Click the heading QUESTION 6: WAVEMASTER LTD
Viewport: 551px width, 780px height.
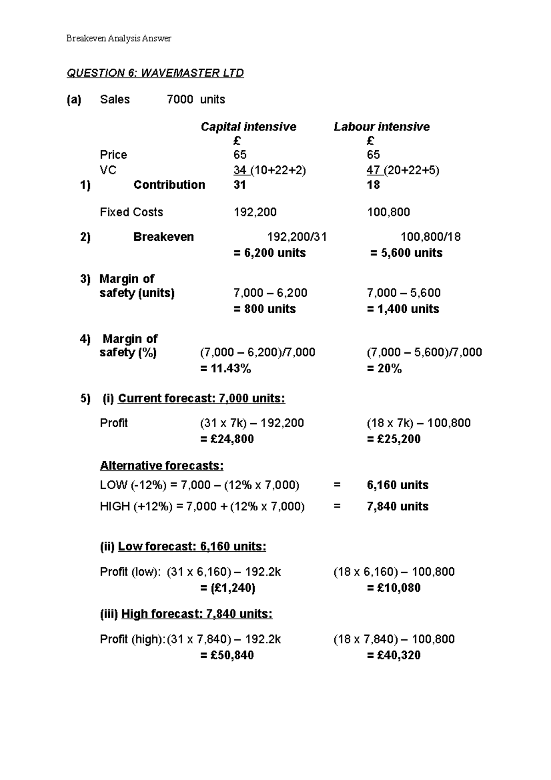click(x=155, y=73)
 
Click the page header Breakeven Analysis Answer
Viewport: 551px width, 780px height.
click(x=118, y=39)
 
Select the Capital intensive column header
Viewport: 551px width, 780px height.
click(x=248, y=127)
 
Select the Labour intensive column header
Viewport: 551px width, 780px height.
click(x=382, y=127)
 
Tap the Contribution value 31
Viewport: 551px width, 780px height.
click(x=240, y=185)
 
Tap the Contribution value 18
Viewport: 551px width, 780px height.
click(x=373, y=185)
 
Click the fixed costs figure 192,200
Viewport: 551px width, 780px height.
click(x=255, y=212)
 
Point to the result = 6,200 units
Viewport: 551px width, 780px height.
click(x=270, y=253)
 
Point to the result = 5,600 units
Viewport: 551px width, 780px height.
click(x=406, y=253)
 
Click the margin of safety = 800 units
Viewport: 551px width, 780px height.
click(x=264, y=309)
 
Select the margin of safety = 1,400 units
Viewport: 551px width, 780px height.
click(x=403, y=309)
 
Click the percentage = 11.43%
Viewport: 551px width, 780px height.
click(x=226, y=369)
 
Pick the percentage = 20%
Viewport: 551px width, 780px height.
click(x=384, y=369)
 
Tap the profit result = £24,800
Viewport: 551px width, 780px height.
click(x=227, y=439)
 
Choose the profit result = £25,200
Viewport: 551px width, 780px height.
click(x=394, y=439)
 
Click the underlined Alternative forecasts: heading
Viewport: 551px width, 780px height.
click(x=162, y=466)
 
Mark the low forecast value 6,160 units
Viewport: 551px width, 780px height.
click(x=398, y=486)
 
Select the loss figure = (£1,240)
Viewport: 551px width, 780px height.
click(x=228, y=588)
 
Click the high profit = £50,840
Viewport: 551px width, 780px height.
click(x=227, y=656)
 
